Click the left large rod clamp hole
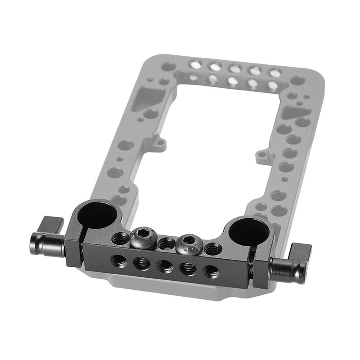click(96, 215)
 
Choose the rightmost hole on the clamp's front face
click(211, 272)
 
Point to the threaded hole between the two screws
click(166, 243)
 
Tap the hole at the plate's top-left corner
click(168, 67)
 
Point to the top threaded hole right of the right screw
click(213, 248)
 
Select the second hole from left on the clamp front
click(141, 262)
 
